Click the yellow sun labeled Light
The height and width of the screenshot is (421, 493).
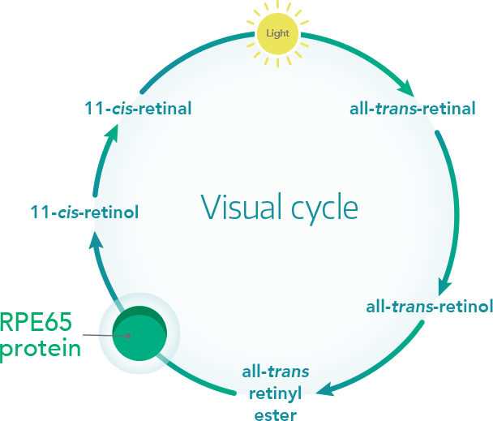278,34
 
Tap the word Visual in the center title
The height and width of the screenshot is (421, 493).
238,207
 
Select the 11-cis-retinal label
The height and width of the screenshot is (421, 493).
138,108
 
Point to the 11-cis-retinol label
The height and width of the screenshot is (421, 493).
84,213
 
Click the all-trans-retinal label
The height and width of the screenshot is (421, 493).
412,108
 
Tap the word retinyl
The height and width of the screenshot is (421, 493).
276,394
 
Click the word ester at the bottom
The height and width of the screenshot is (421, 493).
276,415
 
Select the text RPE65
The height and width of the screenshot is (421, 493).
36,323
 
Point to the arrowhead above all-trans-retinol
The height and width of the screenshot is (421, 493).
444,288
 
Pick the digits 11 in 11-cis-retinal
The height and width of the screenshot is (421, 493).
93,108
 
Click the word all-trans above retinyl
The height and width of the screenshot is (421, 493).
276,374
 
